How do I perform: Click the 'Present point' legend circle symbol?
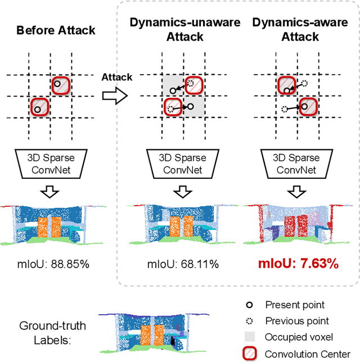coord(250,305)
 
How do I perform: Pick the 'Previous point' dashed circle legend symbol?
coord(250,321)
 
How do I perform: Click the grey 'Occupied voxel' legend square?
coord(250,337)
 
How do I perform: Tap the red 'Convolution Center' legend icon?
coord(250,353)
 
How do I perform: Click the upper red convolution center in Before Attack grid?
coord(61,85)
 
